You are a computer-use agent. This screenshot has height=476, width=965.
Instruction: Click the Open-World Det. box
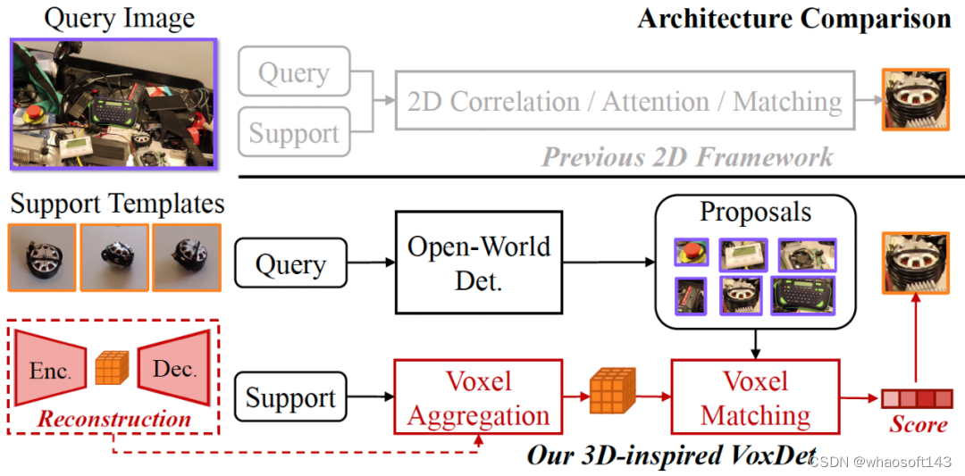[478, 263]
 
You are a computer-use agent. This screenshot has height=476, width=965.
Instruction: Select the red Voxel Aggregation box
[479, 398]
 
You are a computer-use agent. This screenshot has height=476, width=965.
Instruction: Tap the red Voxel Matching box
[755, 398]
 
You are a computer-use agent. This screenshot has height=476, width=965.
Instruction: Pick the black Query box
[290, 264]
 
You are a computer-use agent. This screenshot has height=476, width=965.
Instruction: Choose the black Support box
[290, 398]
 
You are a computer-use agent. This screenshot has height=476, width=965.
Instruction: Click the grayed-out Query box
[294, 73]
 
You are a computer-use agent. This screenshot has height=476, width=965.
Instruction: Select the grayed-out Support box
[294, 133]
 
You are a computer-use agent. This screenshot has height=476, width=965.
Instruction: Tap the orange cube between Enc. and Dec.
[112, 367]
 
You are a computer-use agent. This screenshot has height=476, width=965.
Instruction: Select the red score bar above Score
[917, 398]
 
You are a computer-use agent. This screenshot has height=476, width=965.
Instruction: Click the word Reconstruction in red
[114, 419]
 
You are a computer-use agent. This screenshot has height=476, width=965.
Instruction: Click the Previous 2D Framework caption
[687, 157]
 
